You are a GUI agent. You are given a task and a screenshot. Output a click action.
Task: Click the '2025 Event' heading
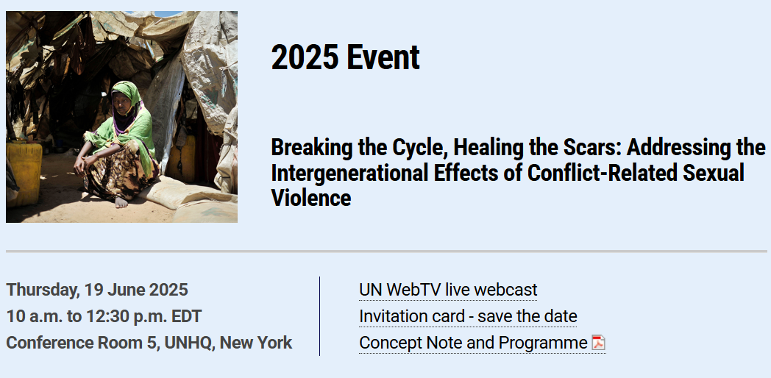[345, 57]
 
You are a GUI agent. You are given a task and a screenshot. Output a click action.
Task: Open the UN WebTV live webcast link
[448, 290]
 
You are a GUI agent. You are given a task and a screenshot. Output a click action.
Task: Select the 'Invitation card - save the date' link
[468, 316]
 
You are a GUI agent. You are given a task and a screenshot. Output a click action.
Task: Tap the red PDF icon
[598, 343]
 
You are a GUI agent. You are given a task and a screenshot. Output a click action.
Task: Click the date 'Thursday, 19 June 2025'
[97, 290]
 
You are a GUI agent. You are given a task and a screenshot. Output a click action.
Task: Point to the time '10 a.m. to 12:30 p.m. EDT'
[104, 316]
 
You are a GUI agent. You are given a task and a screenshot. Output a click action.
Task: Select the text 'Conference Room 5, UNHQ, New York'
[149, 343]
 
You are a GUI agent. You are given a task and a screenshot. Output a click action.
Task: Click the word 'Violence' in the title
[310, 198]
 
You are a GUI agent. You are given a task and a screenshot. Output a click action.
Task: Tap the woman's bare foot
[121, 202]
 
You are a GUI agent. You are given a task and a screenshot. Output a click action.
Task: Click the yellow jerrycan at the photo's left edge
[24, 173]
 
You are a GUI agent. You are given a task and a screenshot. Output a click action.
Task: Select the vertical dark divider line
[319, 316]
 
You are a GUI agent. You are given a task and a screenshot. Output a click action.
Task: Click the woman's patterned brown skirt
[123, 170]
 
